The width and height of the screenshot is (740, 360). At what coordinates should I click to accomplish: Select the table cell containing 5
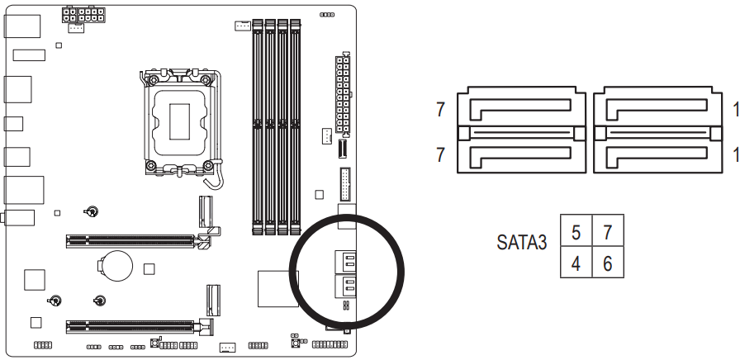(x=576, y=231)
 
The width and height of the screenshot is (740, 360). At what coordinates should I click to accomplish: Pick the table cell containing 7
(x=607, y=231)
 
